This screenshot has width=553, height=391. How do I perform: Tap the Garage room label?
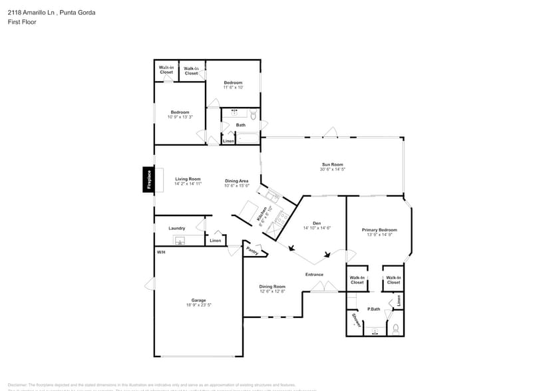[198, 300]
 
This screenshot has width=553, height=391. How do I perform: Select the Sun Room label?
[332, 164]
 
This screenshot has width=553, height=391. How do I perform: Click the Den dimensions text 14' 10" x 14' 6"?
[317, 228]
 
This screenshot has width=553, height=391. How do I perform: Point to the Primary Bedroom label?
[377, 230]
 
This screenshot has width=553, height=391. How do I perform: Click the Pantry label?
[252, 251]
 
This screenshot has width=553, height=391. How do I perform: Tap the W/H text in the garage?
[160, 253]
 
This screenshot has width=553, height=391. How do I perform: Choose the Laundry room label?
[176, 228]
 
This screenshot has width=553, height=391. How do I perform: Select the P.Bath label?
[373, 309]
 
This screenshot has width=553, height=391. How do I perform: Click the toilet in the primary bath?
[395, 328]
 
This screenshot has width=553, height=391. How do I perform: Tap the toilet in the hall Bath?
[252, 115]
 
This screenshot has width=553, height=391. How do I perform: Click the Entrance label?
[314, 275]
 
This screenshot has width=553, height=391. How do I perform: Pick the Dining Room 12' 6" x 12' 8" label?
[272, 289]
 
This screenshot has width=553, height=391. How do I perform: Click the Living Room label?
[188, 179]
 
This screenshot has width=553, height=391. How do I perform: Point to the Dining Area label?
[236, 181]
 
